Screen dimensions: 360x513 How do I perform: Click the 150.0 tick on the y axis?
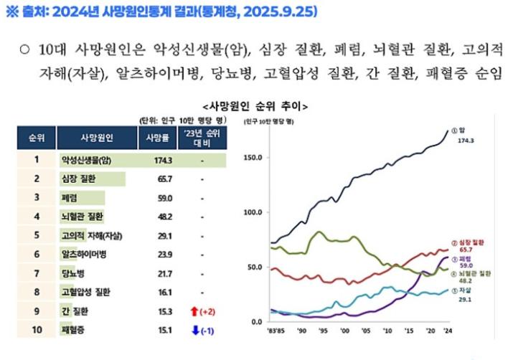tap(254, 157)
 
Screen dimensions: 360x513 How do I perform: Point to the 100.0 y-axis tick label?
tap(254, 212)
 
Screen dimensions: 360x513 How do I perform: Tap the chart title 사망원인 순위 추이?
tap(256, 106)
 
